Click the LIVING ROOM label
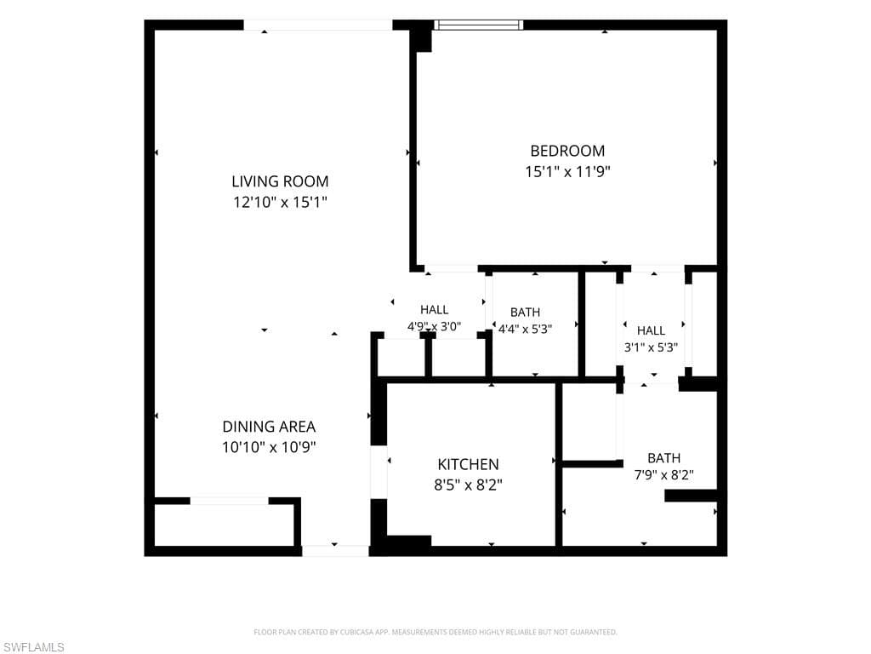pos(280,181)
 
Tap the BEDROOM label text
pos(567,151)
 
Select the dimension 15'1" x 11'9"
pos(567,172)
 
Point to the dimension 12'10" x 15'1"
pos(280,202)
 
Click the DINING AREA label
pos(269,427)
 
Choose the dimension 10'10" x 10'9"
pos(269,447)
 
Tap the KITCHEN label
pos(469,464)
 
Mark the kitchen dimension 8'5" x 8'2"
pos(469,485)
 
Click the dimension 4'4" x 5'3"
pos(525,329)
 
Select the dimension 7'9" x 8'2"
pos(663,475)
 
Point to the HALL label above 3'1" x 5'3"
pos(651,330)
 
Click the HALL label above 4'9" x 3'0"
pos(435,310)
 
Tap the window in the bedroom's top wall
pos(478,25)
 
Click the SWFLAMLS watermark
pos(32,647)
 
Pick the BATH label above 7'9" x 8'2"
pos(663,457)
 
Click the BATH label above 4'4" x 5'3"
pos(525,312)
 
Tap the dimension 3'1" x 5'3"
pos(651,347)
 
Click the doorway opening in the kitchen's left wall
pos(379,472)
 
